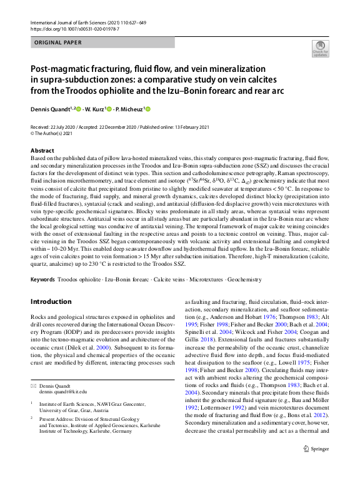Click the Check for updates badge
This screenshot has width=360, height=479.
click(x=320, y=49)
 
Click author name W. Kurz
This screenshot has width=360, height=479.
click(x=94, y=109)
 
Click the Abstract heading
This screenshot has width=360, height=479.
click(x=42, y=151)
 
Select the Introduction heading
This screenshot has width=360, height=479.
click(x=51, y=301)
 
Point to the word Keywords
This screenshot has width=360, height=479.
click(x=42, y=279)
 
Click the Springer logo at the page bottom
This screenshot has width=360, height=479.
click(x=315, y=449)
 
